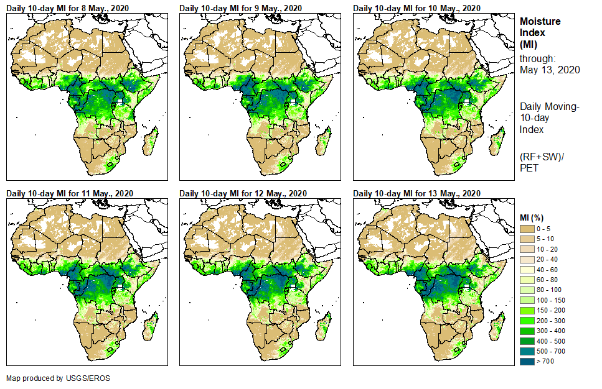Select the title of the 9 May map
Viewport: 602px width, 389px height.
240,8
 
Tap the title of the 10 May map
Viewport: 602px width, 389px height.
416,8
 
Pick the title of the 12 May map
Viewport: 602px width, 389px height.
242,193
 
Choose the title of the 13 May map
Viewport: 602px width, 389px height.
416,193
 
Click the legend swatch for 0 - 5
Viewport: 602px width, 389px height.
527,229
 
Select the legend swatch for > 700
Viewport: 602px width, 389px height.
527,360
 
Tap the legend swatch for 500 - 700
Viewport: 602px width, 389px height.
527,350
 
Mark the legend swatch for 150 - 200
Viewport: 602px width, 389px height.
527,310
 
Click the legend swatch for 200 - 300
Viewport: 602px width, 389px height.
527,320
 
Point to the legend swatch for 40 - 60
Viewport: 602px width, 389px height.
527,270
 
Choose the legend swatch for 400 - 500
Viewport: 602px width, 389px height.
527,341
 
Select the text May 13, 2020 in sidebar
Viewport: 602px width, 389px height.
550,70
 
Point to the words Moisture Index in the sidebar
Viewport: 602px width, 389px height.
540,27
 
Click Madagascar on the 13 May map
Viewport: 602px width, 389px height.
497,325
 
